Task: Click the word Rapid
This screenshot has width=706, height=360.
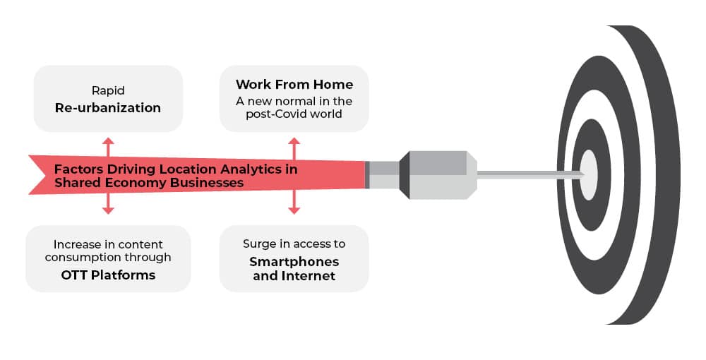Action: click(x=108, y=90)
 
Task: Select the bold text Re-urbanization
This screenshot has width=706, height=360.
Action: click(x=108, y=108)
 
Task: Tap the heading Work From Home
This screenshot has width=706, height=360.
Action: click(x=294, y=85)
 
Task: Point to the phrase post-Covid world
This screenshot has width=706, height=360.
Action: click(x=294, y=114)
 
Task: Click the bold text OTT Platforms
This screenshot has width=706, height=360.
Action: click(x=108, y=275)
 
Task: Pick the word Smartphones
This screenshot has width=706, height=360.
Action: click(x=294, y=261)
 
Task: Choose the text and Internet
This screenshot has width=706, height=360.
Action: click(x=294, y=276)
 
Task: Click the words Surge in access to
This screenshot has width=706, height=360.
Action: click(x=294, y=244)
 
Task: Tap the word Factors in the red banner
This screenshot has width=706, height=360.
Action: click(x=78, y=169)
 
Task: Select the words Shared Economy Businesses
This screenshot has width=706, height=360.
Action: click(x=149, y=183)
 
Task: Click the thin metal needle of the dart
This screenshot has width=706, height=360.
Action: click(x=529, y=174)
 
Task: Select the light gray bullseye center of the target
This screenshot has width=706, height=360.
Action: click(x=589, y=174)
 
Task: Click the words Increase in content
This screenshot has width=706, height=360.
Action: click(x=108, y=244)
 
